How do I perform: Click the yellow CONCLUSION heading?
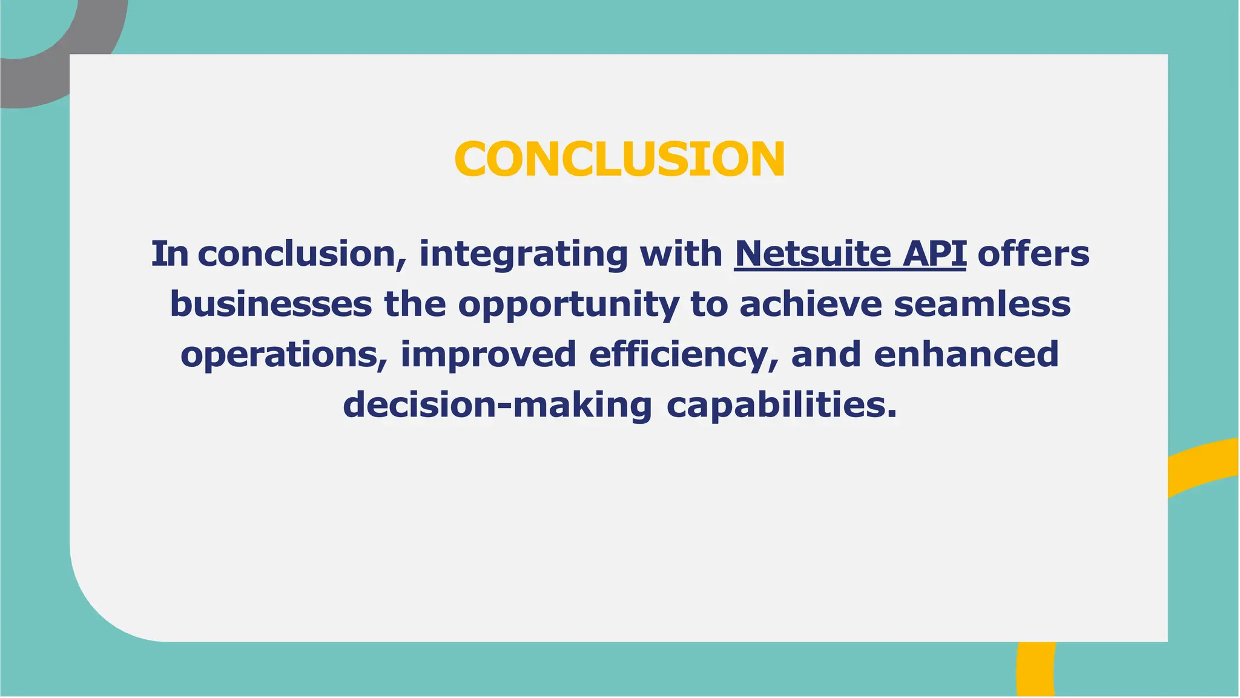click(619, 159)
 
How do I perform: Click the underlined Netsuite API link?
click(849, 254)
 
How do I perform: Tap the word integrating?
click(523, 254)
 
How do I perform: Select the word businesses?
click(271, 304)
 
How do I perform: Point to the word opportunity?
click(568, 305)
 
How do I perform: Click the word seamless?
click(982, 304)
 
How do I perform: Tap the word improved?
click(488, 355)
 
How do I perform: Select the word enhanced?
click(966, 354)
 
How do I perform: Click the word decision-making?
click(497, 405)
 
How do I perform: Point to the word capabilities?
click(781, 405)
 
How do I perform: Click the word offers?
click(1033, 254)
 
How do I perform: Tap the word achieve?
click(810, 304)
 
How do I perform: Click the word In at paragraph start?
click(170, 254)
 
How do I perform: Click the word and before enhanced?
click(826, 354)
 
